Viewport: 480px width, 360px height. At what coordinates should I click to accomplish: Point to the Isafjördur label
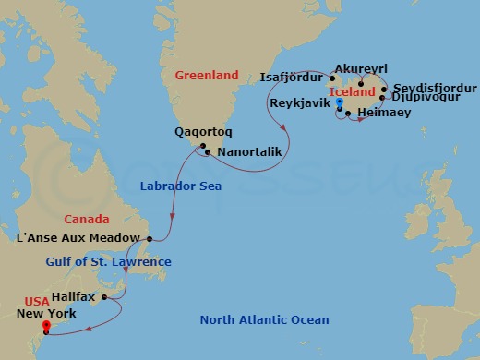pyautogui.click(x=293, y=77)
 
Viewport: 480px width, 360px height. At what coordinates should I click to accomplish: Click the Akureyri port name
pyautogui.click(x=362, y=69)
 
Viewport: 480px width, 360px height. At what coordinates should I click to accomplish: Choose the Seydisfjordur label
pyautogui.click(x=435, y=87)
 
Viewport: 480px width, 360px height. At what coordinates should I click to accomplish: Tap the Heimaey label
pyautogui.click(x=380, y=112)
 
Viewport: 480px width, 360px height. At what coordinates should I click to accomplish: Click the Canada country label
pyautogui.click(x=87, y=220)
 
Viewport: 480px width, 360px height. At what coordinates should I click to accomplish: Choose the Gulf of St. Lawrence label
pyautogui.click(x=109, y=262)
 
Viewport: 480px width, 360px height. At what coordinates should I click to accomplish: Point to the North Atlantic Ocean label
pyautogui.click(x=265, y=320)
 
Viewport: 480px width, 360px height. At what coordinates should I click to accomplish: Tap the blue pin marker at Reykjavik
pyautogui.click(x=340, y=103)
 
